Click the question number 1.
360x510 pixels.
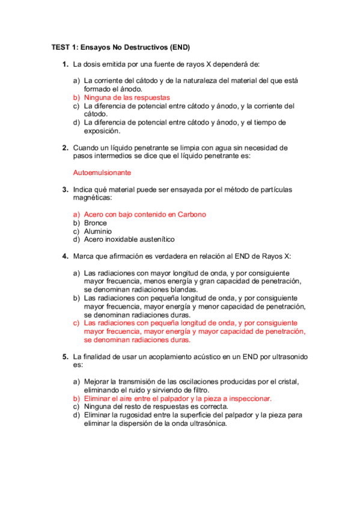pyautogui.click(x=65, y=64)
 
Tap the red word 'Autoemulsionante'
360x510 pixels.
pyautogui.click(x=102, y=173)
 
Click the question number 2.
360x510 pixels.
pyautogui.click(x=65, y=147)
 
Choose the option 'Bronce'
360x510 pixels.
pyautogui.click(x=96, y=223)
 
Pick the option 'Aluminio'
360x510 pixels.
pyautogui.click(x=98, y=231)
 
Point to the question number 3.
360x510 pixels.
pyautogui.click(x=65, y=189)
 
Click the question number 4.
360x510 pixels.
pyautogui.click(x=65, y=256)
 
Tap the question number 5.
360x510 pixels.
pyautogui.click(x=65, y=357)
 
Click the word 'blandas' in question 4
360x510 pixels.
pyautogui.click(x=185, y=289)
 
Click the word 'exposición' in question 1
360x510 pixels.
pyautogui.click(x=102, y=131)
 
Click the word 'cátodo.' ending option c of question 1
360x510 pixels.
pyautogui.click(x=96, y=114)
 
